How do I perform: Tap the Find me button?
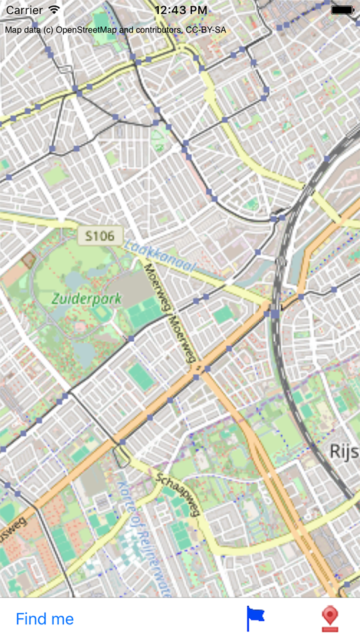point(44,619)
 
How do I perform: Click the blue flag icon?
point(255,618)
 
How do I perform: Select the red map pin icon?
point(331,618)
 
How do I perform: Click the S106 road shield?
point(100,236)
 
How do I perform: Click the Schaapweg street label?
point(178,494)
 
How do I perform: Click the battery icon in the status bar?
point(342,10)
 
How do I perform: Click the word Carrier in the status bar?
point(24,10)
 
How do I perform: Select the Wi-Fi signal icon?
point(54,10)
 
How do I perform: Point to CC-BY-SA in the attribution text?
point(206,29)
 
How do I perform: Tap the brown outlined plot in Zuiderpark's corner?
point(28,259)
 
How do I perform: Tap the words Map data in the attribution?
point(22,29)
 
